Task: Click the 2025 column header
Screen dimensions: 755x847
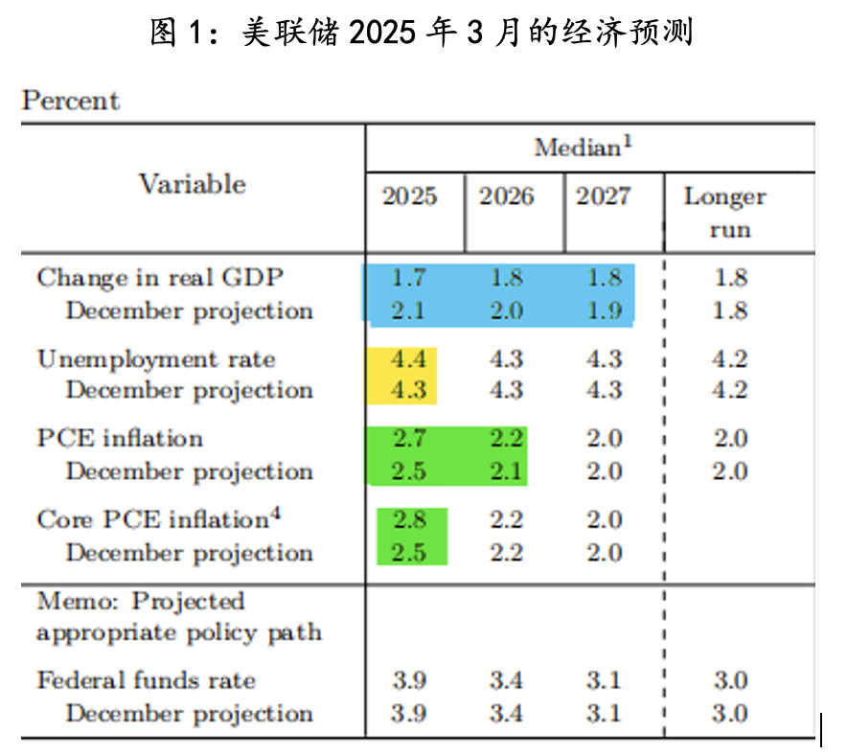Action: (410, 196)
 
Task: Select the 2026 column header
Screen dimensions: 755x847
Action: (507, 196)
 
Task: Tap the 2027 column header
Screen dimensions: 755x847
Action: (604, 196)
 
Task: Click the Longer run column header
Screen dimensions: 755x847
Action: (724, 213)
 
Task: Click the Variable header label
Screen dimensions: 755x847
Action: (192, 184)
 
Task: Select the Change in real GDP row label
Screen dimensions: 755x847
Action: (160, 278)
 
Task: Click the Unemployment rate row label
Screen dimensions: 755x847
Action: (156, 359)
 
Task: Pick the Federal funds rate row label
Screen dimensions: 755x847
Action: (146, 681)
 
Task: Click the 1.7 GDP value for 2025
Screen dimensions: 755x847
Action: (409, 278)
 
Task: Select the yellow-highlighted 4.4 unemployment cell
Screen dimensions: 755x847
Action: (409, 359)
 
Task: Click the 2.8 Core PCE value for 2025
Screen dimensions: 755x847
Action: (409, 520)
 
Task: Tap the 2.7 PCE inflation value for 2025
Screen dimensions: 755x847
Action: (409, 439)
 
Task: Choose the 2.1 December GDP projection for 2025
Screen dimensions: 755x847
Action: (409, 310)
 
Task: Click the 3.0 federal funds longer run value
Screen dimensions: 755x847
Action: (730, 681)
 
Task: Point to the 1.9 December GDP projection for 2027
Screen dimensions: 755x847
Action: (604, 310)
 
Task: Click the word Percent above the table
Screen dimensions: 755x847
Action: (71, 101)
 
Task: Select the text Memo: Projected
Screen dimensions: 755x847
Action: (141, 602)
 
